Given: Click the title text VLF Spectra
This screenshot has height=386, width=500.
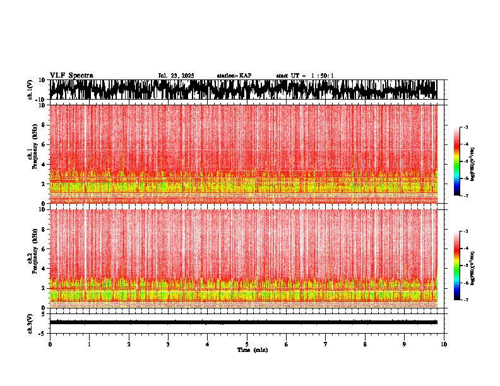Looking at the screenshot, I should [71, 76].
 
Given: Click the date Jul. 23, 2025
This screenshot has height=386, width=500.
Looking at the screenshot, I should [176, 76].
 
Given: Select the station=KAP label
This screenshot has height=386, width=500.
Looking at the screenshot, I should [234, 76].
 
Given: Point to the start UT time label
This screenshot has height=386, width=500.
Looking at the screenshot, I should [305, 76].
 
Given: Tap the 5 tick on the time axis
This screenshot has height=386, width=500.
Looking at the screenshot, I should [247, 344].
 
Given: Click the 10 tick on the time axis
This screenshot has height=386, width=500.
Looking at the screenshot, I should [444, 344].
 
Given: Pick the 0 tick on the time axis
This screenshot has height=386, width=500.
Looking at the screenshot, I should [50, 344].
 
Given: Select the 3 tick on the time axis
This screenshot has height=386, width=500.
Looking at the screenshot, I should [168, 344].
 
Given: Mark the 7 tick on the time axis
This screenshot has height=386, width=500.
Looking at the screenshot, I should [326, 344].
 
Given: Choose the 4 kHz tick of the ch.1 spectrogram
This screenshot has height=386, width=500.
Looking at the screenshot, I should [44, 165].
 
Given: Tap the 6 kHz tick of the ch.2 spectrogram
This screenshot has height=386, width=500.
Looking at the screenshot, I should [44, 249].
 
